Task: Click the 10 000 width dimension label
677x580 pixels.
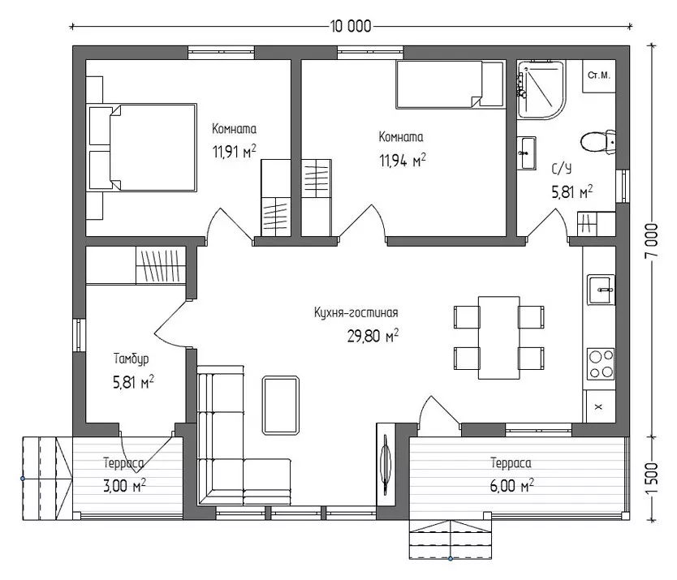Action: point(350,27)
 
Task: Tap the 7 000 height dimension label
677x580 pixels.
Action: point(652,241)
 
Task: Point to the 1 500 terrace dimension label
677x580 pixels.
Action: point(652,479)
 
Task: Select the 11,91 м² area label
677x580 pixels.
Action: point(234,152)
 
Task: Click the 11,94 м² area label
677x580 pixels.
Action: point(403,161)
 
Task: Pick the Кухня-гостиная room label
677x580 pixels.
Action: point(356,312)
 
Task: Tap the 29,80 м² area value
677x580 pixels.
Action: point(373,336)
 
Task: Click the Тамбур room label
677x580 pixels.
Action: point(132,359)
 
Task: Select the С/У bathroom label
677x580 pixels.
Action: point(561,169)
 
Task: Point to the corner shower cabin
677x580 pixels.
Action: point(541,89)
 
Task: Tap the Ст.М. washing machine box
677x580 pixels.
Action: point(599,76)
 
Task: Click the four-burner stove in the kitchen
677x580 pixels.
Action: point(601,363)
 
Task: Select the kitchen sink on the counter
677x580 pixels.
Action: point(601,290)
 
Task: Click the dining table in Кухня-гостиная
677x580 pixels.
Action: point(498,337)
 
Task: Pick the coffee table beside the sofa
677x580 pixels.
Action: point(281,405)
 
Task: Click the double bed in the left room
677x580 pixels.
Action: point(142,147)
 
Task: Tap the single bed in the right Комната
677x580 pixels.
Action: point(450,84)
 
